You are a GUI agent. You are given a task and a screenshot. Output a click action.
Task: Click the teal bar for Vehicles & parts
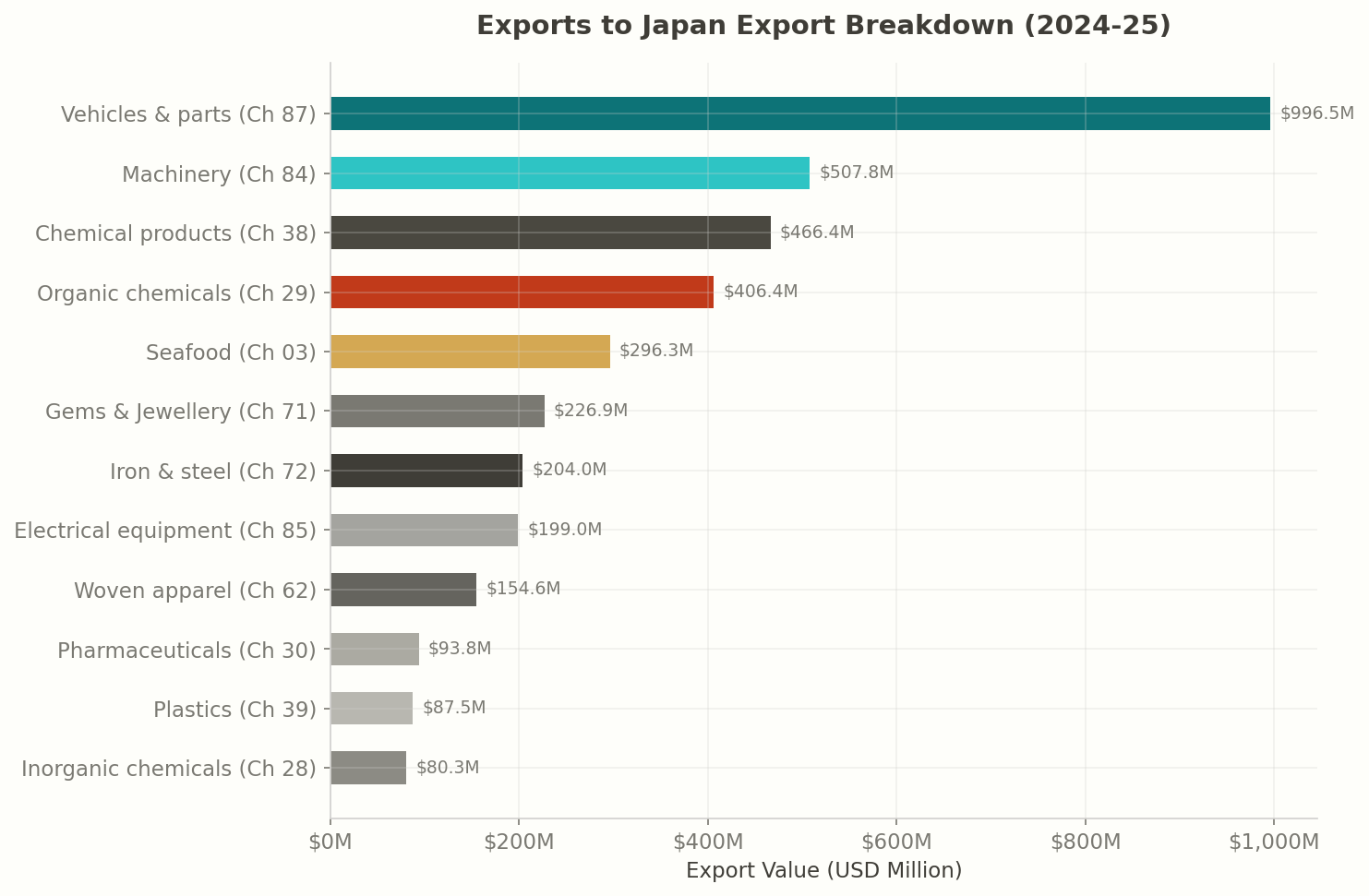799,113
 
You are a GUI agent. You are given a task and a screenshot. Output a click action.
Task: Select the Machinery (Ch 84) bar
570,173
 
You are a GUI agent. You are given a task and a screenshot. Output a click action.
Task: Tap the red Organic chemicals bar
522,292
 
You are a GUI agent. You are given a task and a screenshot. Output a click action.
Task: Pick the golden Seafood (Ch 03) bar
470,352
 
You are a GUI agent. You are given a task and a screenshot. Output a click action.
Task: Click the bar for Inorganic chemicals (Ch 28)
368,768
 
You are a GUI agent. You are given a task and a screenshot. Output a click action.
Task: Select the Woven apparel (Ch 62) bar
403,590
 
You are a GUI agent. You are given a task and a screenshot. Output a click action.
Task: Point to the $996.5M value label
1316,113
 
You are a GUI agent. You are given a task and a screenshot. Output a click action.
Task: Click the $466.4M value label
817,233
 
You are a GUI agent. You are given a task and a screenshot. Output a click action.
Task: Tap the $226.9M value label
591,411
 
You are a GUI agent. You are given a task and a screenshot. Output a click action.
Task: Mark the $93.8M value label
460,649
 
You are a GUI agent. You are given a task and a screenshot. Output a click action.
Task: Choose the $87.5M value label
454,708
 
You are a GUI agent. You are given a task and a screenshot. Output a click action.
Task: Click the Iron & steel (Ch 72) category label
212,472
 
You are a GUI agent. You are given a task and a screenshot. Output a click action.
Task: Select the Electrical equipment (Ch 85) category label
165,531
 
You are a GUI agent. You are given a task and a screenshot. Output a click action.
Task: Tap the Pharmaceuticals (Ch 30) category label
186,651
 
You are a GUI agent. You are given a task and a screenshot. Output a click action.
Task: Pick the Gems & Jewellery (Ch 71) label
181,412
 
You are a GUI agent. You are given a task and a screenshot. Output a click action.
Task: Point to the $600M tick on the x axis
896,842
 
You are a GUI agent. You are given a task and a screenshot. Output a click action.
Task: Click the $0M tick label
330,842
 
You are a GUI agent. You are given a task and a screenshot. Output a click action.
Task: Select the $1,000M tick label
1273,842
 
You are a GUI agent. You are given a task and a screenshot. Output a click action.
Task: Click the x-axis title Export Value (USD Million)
823,871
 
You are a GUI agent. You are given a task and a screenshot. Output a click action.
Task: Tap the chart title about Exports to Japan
823,26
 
